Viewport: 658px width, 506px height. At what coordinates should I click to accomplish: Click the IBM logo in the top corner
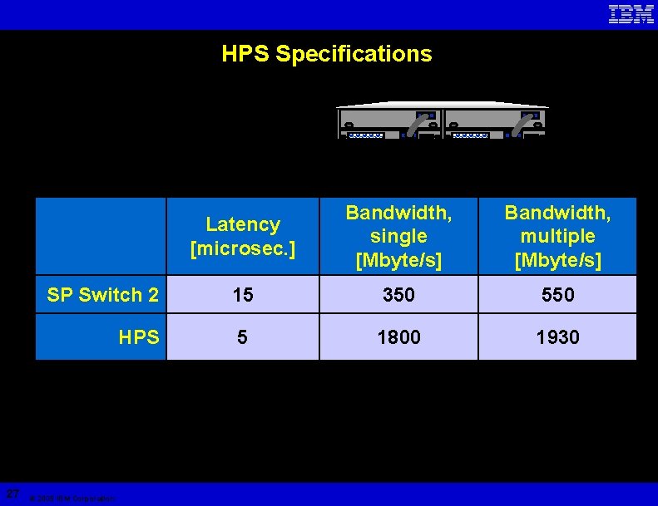tap(631, 14)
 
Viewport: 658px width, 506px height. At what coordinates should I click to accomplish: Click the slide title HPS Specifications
tap(327, 55)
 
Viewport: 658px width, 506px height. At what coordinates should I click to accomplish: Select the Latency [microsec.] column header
tap(243, 236)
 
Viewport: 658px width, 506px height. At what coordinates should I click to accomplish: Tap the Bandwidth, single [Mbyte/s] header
tap(398, 236)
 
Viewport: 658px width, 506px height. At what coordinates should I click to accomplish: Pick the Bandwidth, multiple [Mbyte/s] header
tap(557, 236)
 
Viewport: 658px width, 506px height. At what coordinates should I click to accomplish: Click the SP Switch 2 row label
tap(103, 295)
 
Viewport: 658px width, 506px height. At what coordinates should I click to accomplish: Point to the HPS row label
tap(139, 337)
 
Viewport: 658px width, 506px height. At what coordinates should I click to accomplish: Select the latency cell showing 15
tap(243, 295)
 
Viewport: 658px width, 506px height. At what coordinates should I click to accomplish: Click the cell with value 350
tap(398, 295)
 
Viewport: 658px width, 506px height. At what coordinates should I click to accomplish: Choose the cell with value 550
tap(557, 295)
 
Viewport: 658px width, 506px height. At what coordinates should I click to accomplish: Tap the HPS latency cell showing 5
tap(243, 337)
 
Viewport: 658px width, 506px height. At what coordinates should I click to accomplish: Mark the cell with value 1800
tap(398, 337)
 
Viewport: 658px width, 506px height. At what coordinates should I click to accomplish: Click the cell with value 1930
tap(557, 337)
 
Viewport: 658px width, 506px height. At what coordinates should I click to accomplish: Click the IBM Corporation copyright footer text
tap(72, 499)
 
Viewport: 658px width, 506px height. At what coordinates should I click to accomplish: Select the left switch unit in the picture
tap(389, 122)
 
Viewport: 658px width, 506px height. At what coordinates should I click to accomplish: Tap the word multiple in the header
tap(557, 236)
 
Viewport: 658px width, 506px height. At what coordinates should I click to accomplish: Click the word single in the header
tap(398, 236)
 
